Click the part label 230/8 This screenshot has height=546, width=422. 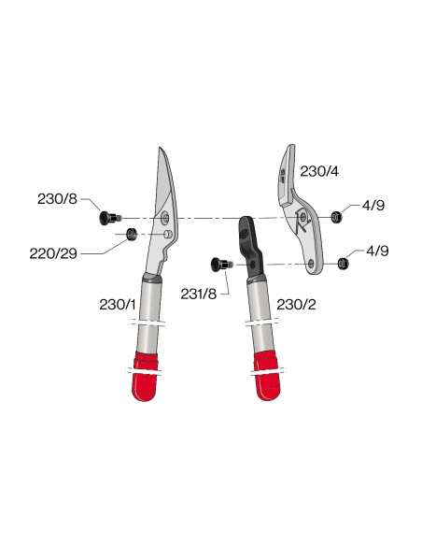pos(57,199)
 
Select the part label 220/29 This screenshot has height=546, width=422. pos(53,253)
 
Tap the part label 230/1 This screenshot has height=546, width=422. pos(118,305)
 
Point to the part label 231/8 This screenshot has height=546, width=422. pos(199,294)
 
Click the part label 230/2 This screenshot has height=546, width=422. pos(296,305)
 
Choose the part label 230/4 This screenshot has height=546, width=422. pos(319,171)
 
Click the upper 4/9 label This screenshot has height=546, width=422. pos(373,206)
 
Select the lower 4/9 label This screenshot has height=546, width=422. pos(377,251)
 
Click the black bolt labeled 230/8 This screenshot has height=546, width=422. pos(110,218)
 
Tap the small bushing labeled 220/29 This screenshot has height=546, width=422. pos(132,234)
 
